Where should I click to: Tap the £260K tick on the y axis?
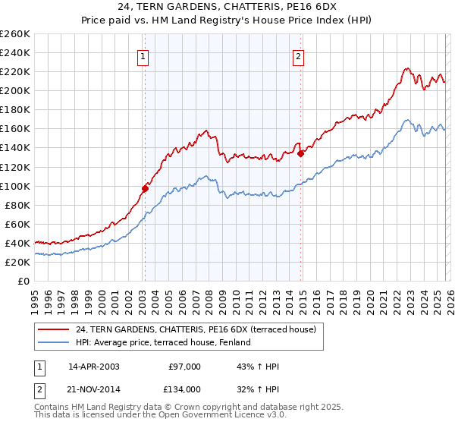coord(16,34)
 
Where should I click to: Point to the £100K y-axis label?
coord(16,186)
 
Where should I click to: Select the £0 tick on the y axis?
coord(24,281)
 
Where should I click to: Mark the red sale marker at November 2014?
coord(301,153)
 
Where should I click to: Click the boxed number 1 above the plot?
coord(143,55)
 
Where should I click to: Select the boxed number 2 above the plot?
coord(299,55)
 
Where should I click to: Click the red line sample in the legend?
coord(54,329)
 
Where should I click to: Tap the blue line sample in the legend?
coord(54,342)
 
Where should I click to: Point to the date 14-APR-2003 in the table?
coord(93,367)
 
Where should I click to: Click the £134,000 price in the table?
coord(184,389)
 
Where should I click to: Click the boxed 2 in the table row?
coord(39,389)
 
